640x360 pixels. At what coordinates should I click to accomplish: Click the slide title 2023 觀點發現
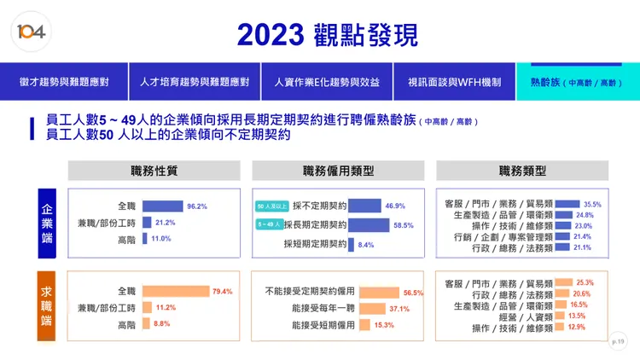click(327, 34)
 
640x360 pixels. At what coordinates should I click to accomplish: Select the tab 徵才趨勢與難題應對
click(64, 83)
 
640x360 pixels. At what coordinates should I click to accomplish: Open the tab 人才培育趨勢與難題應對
click(194, 83)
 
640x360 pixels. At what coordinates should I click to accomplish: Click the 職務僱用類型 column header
click(339, 171)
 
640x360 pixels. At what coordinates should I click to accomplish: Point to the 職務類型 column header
click(522, 171)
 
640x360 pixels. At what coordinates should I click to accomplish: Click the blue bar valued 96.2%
click(162, 206)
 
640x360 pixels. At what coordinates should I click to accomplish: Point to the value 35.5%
click(592, 205)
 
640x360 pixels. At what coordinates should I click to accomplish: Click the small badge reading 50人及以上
click(272, 206)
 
